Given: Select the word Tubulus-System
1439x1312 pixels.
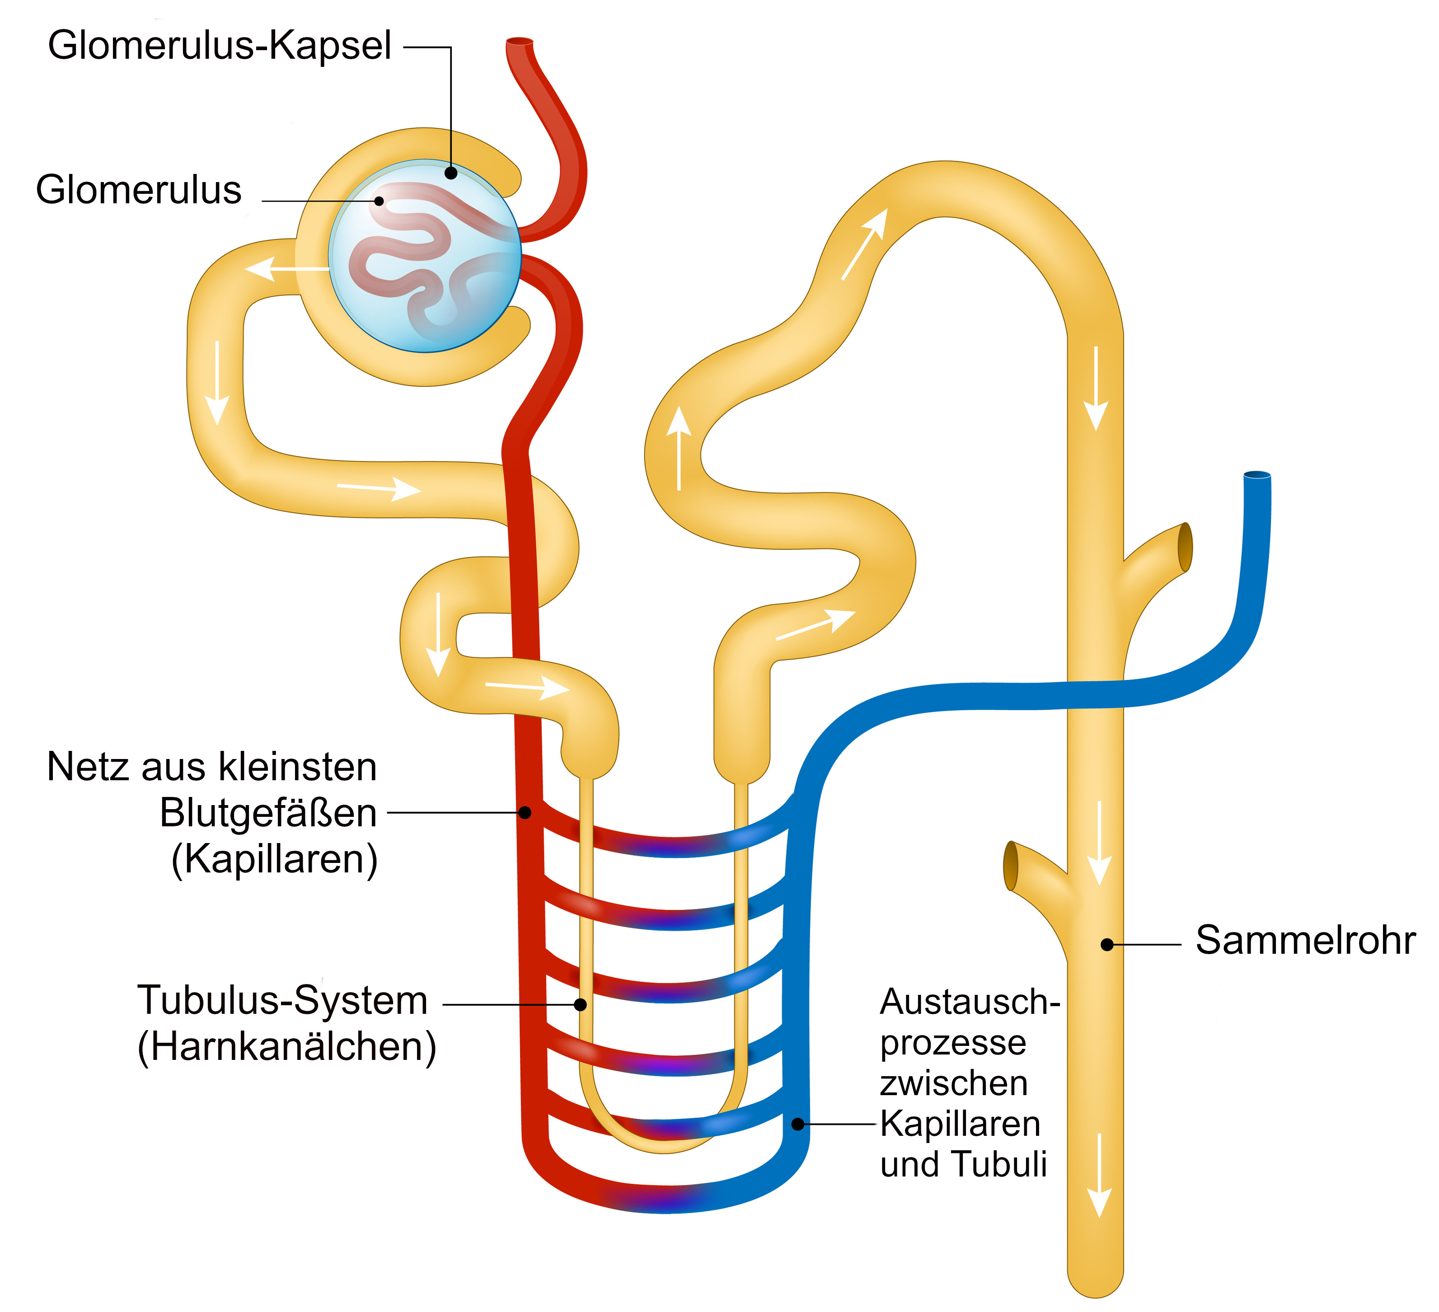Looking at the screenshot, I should tap(283, 1000).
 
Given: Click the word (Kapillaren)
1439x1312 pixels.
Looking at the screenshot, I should tap(275, 859).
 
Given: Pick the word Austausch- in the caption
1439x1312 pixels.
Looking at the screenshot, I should tap(969, 1002).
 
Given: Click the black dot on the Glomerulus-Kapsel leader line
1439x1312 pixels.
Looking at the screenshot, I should tap(451, 173).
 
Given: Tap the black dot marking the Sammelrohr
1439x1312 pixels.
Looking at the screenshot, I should tap(1107, 944).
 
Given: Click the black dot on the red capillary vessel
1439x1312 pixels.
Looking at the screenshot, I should tap(525, 812).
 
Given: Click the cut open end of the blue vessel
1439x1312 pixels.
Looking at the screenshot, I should tap(1257, 475).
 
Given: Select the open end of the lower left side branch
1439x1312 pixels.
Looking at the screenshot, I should tap(1010, 866).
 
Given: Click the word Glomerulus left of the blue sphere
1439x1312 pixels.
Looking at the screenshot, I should tap(139, 191).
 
